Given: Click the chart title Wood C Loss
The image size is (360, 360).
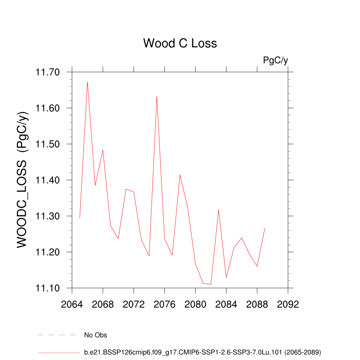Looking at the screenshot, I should (180, 43).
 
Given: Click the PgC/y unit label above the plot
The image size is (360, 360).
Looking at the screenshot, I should (276, 60).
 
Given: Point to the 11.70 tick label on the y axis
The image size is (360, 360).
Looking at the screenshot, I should (48, 72).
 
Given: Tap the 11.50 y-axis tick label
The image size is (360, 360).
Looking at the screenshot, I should (48, 144).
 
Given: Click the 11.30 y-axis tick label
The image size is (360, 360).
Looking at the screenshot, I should (48, 217).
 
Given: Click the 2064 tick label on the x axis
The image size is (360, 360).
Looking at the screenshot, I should (72, 304).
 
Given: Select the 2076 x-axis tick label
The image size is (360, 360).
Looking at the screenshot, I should (165, 304).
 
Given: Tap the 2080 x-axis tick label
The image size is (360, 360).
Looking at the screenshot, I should (195, 304).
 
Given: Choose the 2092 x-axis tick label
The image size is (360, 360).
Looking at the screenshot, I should (288, 304).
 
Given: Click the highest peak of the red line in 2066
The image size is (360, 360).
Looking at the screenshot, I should (87, 82).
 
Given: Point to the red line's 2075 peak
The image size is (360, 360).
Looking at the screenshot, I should (157, 96).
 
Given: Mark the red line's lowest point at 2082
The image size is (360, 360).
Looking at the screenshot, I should (211, 284).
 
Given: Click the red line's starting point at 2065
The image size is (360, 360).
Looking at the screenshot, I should (80, 218).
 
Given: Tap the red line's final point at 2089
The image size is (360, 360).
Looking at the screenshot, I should (265, 228).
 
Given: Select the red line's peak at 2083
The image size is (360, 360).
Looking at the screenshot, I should (219, 210).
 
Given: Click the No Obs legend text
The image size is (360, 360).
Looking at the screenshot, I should (96, 335).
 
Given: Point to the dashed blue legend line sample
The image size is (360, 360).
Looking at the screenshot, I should (57, 335).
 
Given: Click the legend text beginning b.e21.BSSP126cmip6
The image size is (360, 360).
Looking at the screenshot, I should (202, 352).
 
